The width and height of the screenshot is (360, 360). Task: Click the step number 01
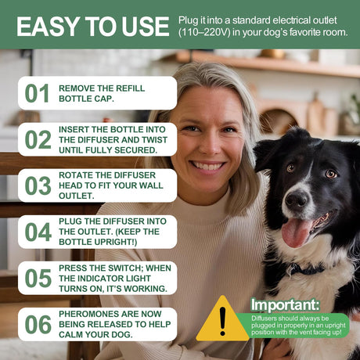coord(37,93)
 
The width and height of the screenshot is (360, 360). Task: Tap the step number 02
coord(38,139)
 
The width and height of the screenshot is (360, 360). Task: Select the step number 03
coord(38,185)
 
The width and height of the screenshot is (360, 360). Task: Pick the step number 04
coord(38,232)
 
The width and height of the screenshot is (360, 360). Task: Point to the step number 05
coord(38,278)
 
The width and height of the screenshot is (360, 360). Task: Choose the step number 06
coord(38,324)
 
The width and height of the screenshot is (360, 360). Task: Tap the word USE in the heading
coord(146,27)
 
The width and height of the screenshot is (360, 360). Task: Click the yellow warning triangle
coord(222,319)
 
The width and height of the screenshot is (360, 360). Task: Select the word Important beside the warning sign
coord(285,304)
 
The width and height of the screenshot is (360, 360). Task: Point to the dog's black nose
coord(297,200)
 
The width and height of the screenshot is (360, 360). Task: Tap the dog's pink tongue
coord(297,232)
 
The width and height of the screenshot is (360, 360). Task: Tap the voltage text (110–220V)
coord(204,32)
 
